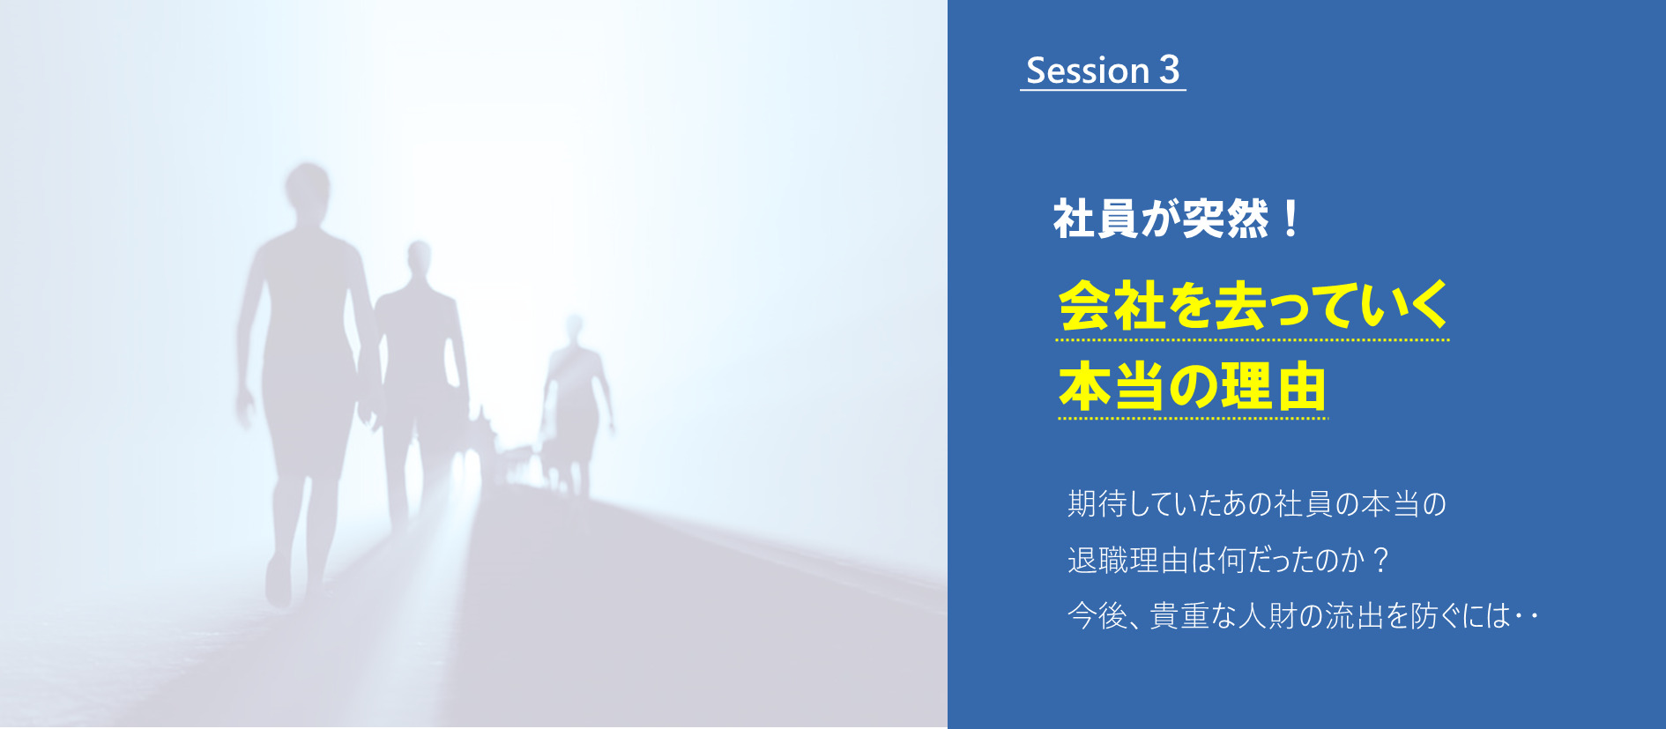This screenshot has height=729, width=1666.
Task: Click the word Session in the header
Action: click(x=1088, y=71)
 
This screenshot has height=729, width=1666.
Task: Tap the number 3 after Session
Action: click(x=1169, y=70)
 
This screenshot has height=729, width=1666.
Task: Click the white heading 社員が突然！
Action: click(x=1176, y=219)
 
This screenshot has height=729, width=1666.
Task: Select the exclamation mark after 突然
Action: click(x=1291, y=219)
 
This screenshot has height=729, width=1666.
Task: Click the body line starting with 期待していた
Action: click(x=1257, y=503)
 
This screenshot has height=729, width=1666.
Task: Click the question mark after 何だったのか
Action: click(x=1380, y=560)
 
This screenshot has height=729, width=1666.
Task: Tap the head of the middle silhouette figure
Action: click(x=420, y=258)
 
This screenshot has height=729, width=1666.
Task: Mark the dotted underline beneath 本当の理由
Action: click(x=1193, y=419)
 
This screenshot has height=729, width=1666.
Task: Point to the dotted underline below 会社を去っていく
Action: click(x=1253, y=339)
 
